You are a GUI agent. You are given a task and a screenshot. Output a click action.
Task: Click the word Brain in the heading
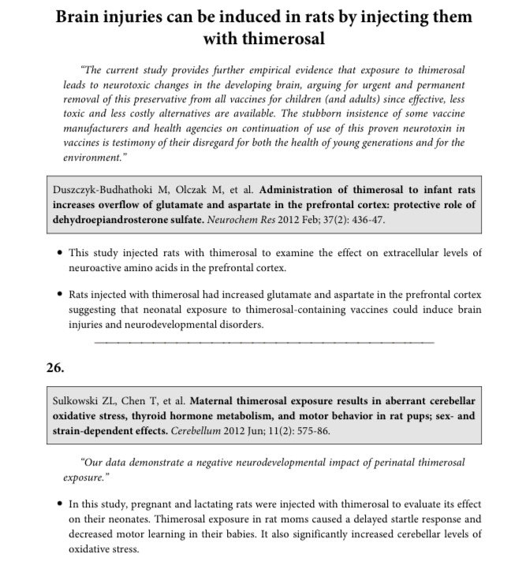84,17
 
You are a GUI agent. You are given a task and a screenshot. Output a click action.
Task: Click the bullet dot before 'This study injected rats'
62,253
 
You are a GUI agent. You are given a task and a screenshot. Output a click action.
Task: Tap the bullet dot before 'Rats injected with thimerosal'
62,295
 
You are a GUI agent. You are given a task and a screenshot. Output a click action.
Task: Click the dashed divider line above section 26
264,342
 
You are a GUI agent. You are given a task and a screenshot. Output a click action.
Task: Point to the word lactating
206,504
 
